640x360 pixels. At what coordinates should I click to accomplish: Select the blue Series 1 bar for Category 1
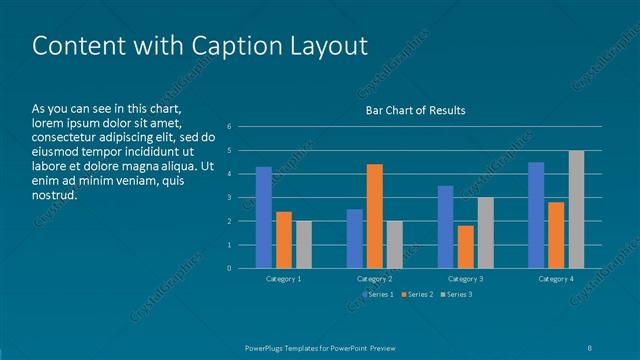(x=264, y=217)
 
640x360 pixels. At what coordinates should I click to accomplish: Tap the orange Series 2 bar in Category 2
(x=375, y=216)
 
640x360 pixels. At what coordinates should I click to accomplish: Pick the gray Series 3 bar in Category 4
(x=576, y=209)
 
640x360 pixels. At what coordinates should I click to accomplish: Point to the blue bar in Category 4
(x=536, y=215)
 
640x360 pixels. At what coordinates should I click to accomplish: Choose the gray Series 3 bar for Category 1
(x=304, y=244)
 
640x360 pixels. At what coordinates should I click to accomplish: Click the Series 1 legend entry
(x=379, y=294)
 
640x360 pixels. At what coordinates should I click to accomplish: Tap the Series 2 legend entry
(x=417, y=294)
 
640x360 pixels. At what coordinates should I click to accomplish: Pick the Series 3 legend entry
(x=455, y=294)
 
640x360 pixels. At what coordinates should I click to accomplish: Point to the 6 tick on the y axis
(x=229, y=127)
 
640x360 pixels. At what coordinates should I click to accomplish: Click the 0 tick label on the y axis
(x=229, y=268)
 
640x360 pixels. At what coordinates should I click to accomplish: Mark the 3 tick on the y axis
(x=229, y=197)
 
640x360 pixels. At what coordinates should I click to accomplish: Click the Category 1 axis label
(x=284, y=279)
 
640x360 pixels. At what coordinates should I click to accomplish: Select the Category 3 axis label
(x=465, y=279)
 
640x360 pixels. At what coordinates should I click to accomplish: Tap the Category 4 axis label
(x=556, y=279)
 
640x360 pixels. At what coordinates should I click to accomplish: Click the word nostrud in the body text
(x=54, y=195)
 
